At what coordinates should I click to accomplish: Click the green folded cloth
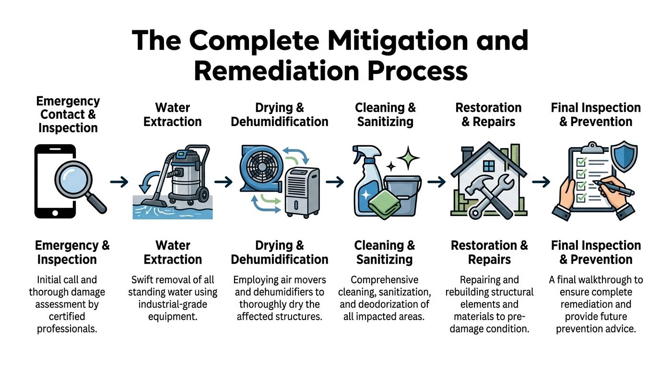pos(382,202)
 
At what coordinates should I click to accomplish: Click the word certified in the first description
pos(66,317)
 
